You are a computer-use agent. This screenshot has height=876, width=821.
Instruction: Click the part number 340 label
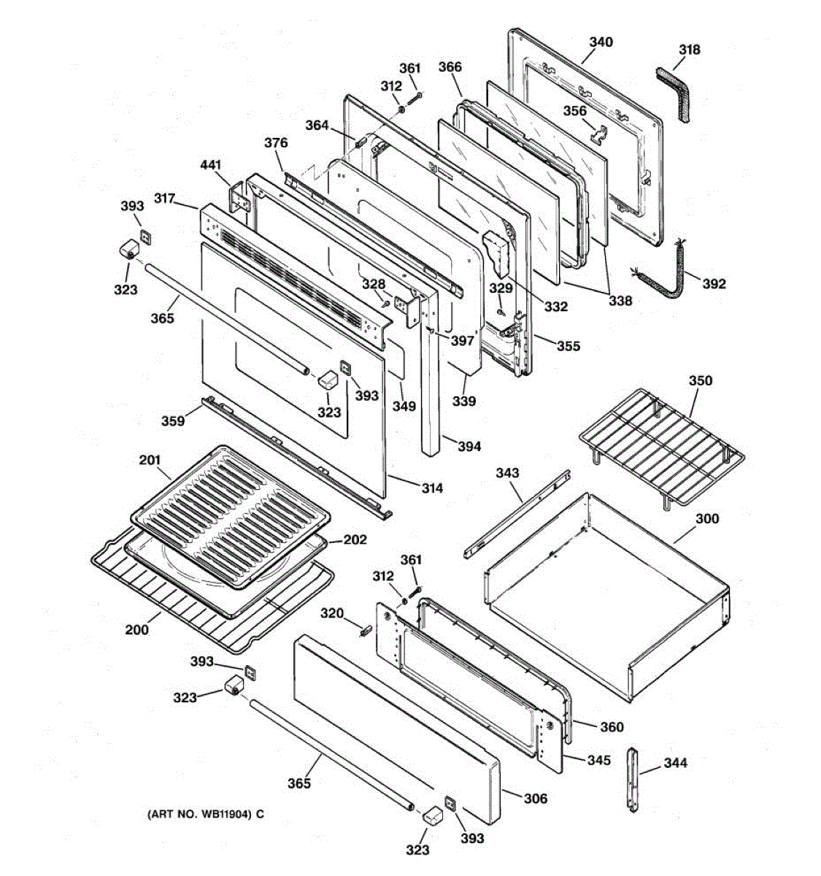[x=601, y=42]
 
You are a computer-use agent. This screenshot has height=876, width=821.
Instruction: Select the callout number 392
[x=714, y=283]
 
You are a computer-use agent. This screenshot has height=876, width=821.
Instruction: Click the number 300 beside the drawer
[x=706, y=518]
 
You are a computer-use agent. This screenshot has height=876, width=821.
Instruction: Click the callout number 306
[x=535, y=799]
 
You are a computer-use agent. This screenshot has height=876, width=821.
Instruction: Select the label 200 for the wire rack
[x=136, y=629]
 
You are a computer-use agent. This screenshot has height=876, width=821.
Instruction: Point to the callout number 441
[x=210, y=165]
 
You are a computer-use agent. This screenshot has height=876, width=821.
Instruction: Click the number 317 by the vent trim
[x=165, y=198]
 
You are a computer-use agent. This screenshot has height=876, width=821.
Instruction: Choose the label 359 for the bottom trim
[x=173, y=421]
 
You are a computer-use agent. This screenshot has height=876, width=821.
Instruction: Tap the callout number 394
[x=469, y=446]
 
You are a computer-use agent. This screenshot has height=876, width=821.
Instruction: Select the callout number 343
[x=507, y=473]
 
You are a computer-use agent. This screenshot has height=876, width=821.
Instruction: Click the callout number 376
[x=276, y=143]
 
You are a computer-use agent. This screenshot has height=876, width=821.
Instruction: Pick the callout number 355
[x=568, y=346]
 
